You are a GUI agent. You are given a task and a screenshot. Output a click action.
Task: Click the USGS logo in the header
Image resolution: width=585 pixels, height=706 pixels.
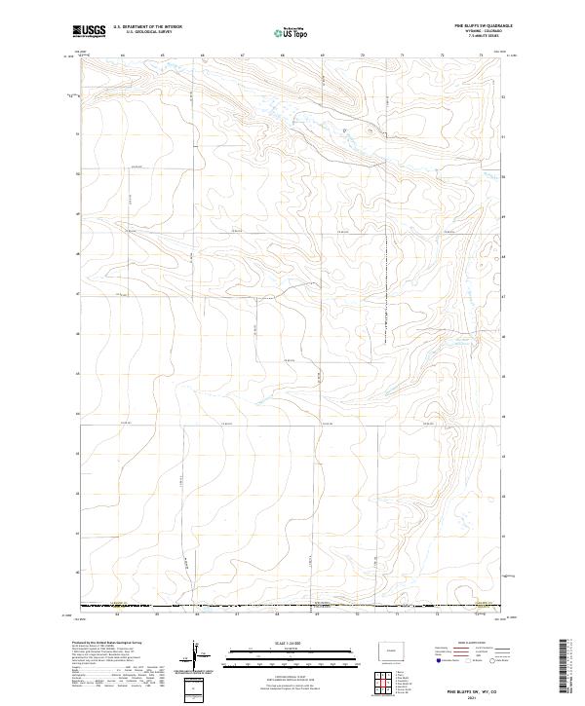(x=89, y=32)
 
